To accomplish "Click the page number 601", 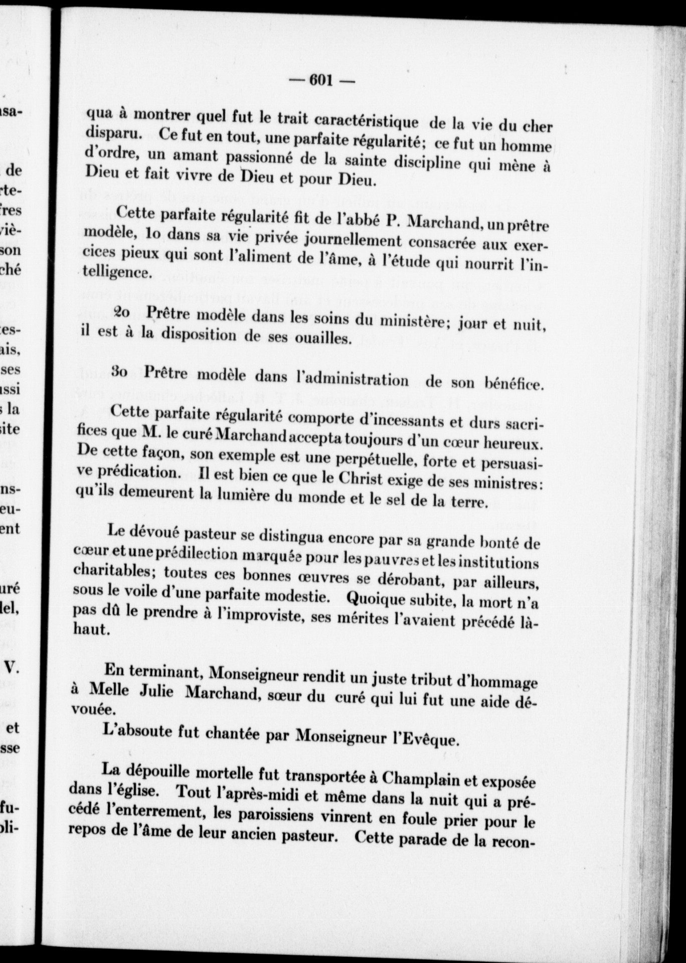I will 321,80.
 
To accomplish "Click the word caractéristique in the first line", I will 368,120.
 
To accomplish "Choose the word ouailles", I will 316,339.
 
